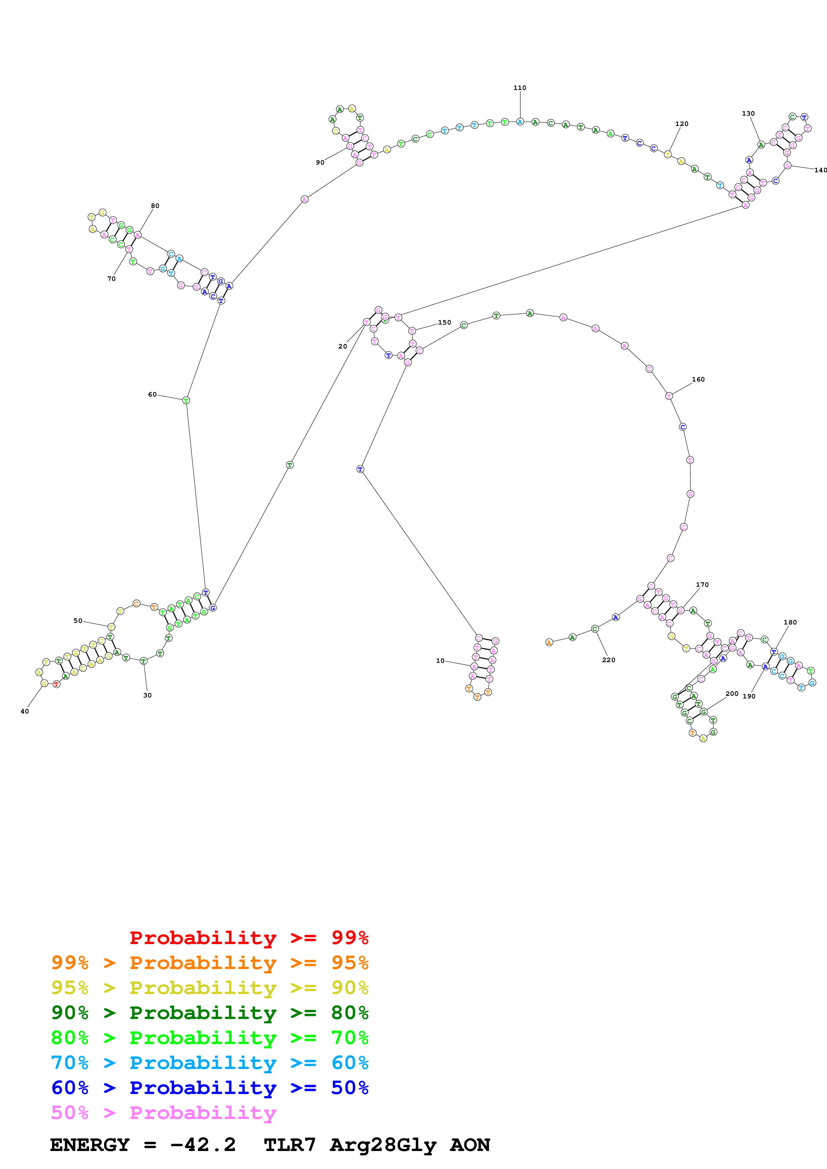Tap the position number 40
(x=24, y=711)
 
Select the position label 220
(x=608, y=660)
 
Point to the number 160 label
(x=698, y=379)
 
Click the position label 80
(x=155, y=206)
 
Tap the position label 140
(x=820, y=170)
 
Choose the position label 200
(x=732, y=693)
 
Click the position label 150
(x=444, y=322)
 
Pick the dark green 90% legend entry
(x=210, y=1013)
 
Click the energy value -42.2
(x=203, y=1145)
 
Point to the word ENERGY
(x=90, y=1145)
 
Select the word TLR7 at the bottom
(x=290, y=1145)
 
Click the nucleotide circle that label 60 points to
(x=186, y=400)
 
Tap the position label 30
(x=147, y=695)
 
